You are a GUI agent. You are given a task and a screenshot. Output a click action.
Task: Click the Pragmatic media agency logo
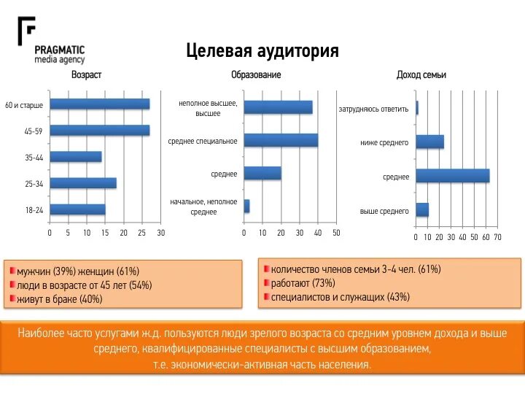tap(51, 42)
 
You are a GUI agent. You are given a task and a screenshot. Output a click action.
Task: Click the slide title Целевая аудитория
tap(262, 51)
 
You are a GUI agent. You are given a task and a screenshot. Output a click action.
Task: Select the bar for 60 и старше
tap(99, 104)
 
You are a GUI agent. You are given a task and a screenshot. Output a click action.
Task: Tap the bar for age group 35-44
tap(75, 157)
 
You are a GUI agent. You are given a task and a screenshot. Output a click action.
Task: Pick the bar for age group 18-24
tap(77, 209)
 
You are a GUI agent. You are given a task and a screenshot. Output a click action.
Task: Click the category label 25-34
tap(34, 184)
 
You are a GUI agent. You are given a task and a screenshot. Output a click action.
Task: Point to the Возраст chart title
tap(86, 75)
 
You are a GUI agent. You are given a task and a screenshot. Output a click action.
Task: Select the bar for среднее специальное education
tap(281, 140)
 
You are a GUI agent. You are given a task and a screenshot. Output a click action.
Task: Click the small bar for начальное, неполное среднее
tap(246, 206)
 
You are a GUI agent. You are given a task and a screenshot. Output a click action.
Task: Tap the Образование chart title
tap(256, 75)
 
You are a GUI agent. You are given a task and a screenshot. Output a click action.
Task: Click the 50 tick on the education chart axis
tap(336, 233)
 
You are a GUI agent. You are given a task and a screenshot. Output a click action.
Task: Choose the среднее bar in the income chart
tap(452, 176)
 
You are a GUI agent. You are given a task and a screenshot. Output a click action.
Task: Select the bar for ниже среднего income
tap(429, 142)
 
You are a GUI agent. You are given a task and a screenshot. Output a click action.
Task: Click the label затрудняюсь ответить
tap(373, 109)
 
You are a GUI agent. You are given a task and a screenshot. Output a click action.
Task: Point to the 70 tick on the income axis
tap(497, 237)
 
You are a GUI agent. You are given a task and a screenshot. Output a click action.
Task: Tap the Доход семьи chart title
tap(421, 75)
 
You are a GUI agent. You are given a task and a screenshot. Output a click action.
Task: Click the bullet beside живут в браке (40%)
tap(12, 299)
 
